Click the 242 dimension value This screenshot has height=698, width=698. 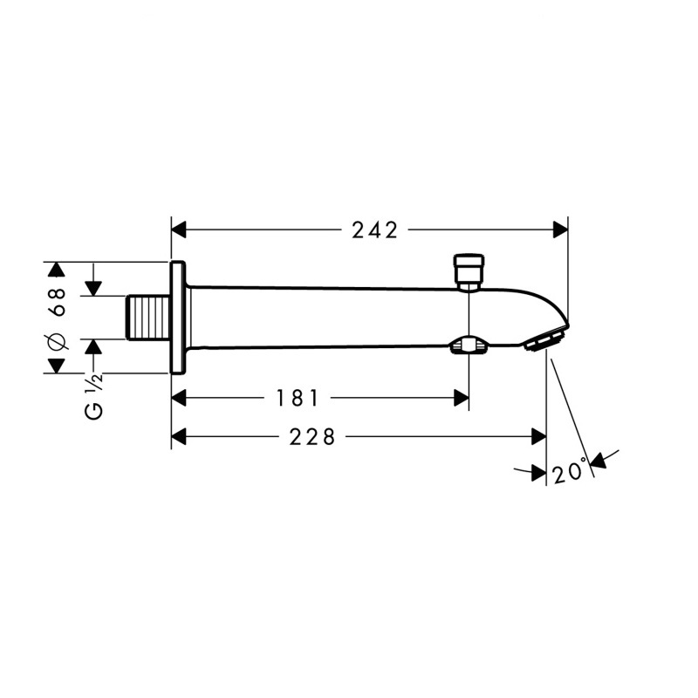[374, 230]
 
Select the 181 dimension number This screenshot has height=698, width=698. [297, 398]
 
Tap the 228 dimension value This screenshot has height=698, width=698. [311, 437]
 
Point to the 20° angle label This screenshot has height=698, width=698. [570, 470]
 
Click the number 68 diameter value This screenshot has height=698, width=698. [58, 302]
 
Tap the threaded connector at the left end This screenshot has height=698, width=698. [148, 318]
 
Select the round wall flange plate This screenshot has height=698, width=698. [178, 318]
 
